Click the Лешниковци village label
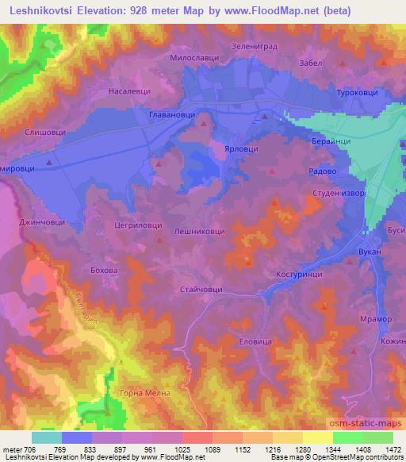[x=199, y=231]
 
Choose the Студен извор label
[x=338, y=193]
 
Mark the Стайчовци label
[x=202, y=291]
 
